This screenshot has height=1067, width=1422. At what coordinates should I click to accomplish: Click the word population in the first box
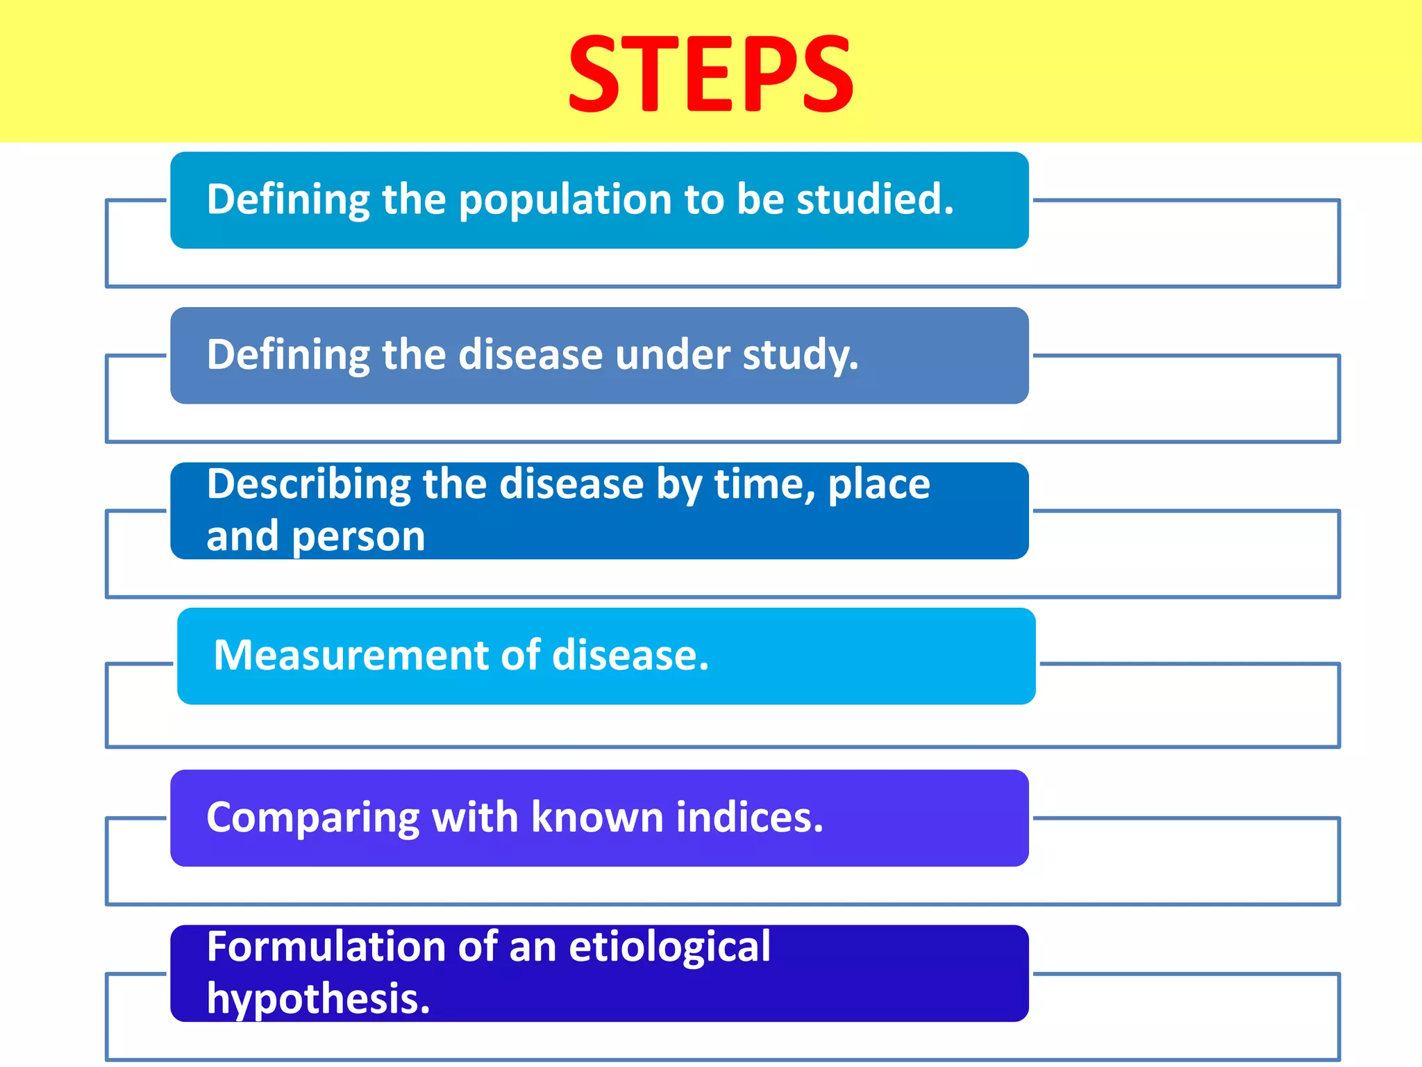tap(566, 200)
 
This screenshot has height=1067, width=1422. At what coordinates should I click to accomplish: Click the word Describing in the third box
tap(308, 484)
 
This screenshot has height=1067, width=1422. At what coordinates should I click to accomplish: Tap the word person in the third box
tap(358, 536)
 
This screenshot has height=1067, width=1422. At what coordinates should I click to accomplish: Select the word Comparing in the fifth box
tap(312, 818)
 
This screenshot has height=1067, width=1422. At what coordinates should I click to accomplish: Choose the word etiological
tap(669, 947)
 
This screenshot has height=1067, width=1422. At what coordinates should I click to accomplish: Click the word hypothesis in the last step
tap(318, 999)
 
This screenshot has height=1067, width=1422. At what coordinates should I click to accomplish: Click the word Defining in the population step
tap(288, 200)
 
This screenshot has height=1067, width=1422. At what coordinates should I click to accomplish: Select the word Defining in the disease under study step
tap(288, 355)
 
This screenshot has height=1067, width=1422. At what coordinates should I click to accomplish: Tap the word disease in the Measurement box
tap(630, 655)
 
